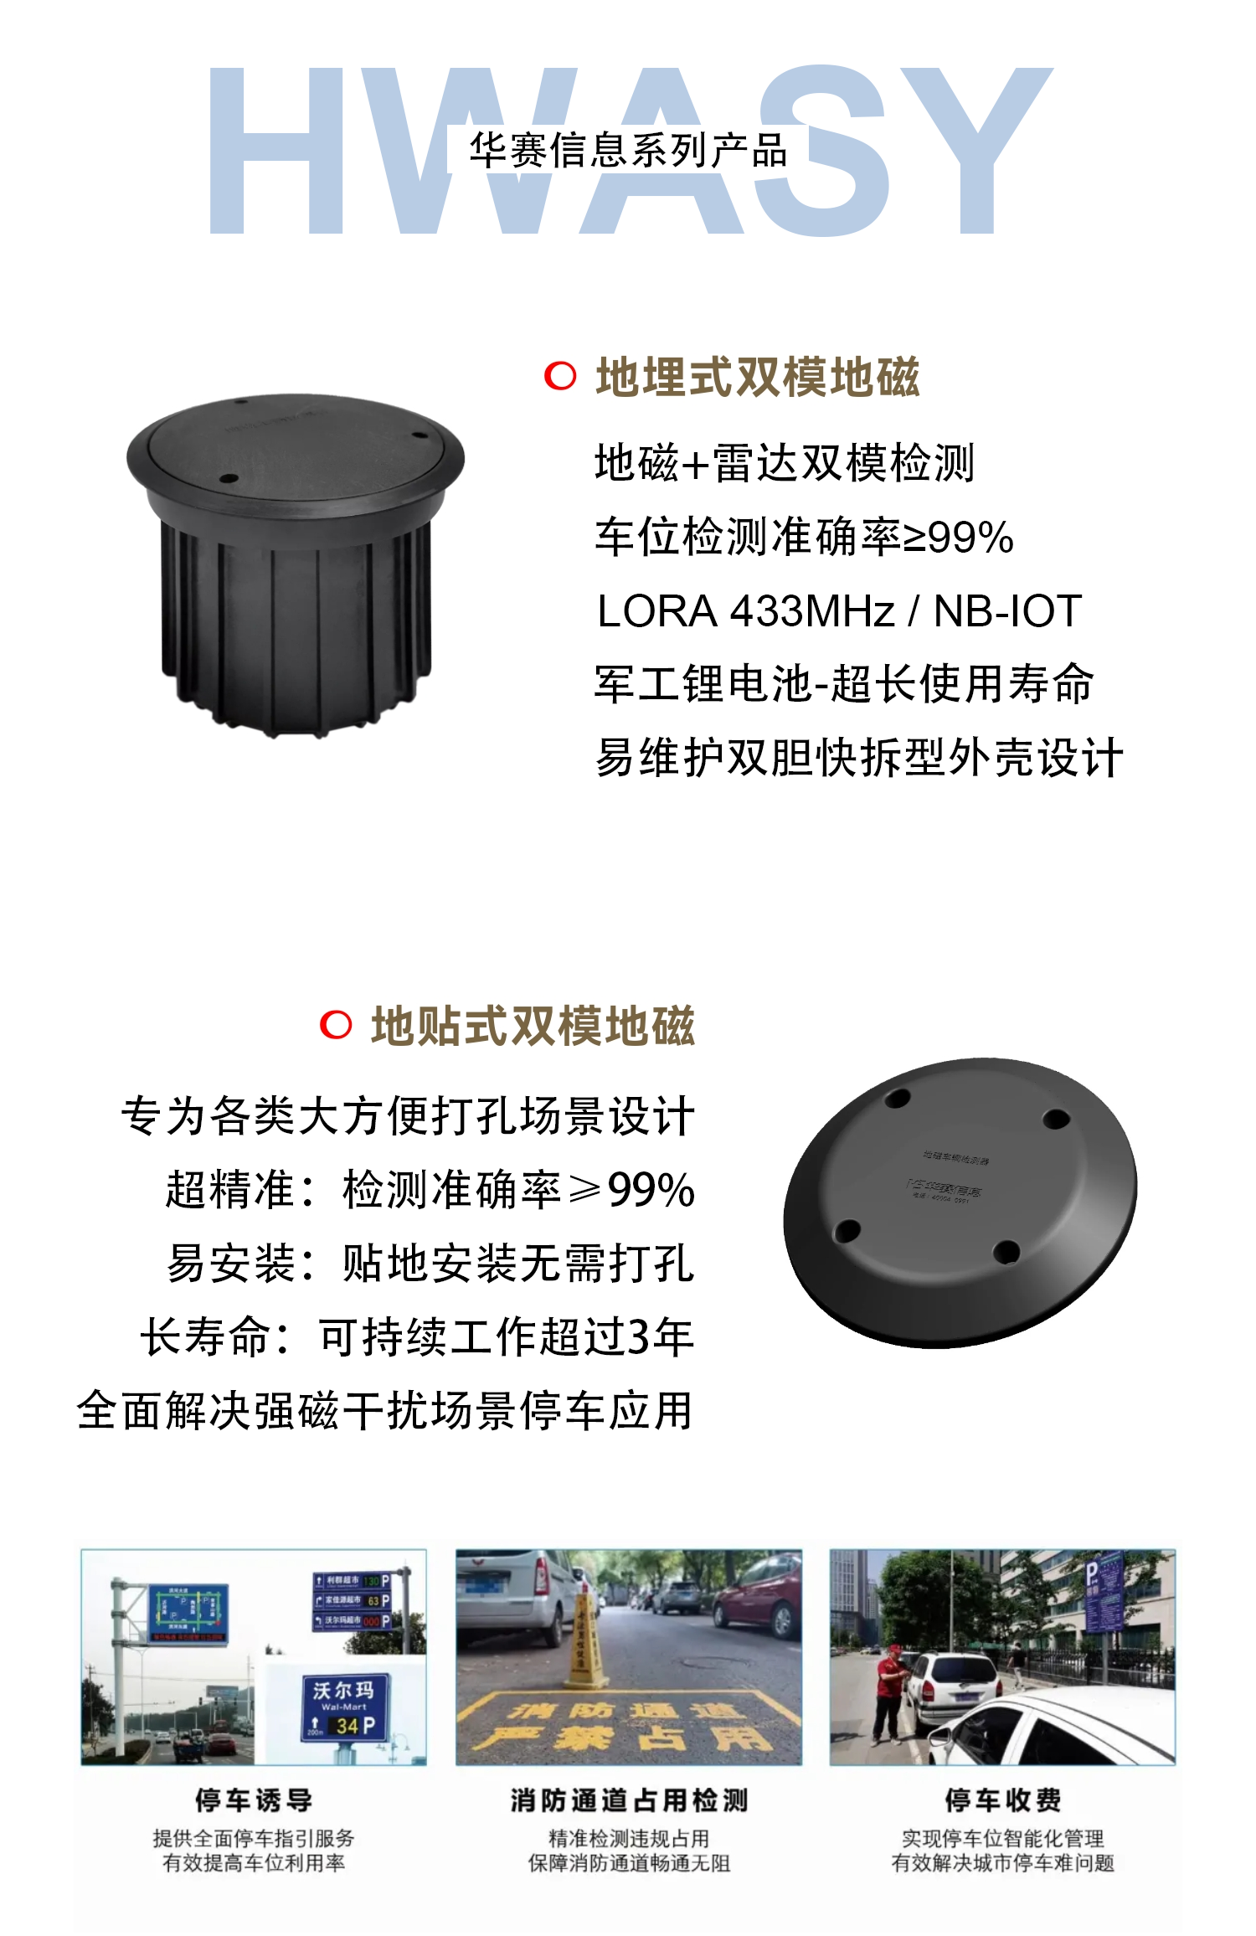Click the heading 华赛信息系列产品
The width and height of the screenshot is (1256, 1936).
pyautogui.click(x=628, y=151)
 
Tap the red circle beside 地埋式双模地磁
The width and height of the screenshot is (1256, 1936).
pyautogui.click(x=560, y=376)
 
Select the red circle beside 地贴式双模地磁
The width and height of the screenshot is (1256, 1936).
pyautogui.click(x=336, y=1024)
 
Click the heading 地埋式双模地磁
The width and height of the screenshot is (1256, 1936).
pyautogui.click(x=757, y=377)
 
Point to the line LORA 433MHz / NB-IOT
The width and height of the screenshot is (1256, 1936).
pyautogui.click(x=839, y=610)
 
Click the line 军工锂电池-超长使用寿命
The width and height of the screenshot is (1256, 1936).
pyautogui.click(x=844, y=683)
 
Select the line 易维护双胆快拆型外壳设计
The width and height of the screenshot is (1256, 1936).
pyautogui.click(x=858, y=758)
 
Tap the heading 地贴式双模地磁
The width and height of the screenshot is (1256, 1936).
pyautogui.click(x=533, y=1026)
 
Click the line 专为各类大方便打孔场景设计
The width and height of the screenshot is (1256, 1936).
pyautogui.click(x=408, y=1116)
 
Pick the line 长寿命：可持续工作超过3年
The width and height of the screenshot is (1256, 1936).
pyautogui.click(x=417, y=1336)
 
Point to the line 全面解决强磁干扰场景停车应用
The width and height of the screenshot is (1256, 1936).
pyautogui.click(x=385, y=1411)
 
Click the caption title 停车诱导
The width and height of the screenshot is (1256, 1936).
pyautogui.click(x=254, y=1800)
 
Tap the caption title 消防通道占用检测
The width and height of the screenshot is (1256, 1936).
pyautogui.click(x=629, y=1800)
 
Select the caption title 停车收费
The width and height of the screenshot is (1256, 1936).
pyautogui.click(x=1003, y=1800)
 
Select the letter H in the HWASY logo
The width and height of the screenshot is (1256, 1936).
pyautogui.click(x=276, y=151)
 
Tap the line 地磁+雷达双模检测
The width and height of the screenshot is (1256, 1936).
pyautogui.click(x=785, y=462)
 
